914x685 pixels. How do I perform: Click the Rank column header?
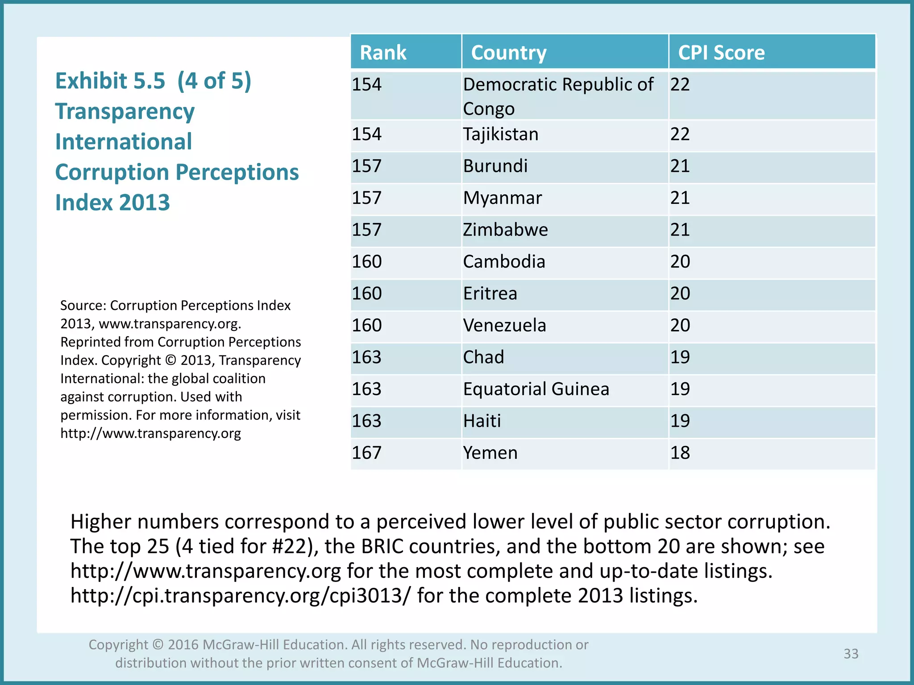click(x=383, y=53)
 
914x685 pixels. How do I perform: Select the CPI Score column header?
click(x=721, y=53)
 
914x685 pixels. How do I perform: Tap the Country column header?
click(x=509, y=53)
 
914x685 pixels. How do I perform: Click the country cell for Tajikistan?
click(x=501, y=134)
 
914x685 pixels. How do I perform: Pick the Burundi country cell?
click(x=495, y=166)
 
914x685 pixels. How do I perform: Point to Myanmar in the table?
click(x=503, y=198)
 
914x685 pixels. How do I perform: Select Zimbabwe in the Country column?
click(x=505, y=230)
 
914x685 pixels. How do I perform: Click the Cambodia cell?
click(x=504, y=262)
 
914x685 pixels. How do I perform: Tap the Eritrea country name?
click(x=490, y=293)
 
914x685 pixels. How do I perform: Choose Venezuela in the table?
click(x=504, y=326)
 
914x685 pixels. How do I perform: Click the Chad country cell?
click(x=483, y=357)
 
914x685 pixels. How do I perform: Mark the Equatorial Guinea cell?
click(x=536, y=389)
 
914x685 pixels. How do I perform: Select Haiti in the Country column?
click(x=482, y=421)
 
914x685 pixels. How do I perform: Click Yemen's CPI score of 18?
click(x=680, y=453)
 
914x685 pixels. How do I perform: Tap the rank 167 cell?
click(x=367, y=453)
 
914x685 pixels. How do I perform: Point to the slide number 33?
click(x=851, y=653)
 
